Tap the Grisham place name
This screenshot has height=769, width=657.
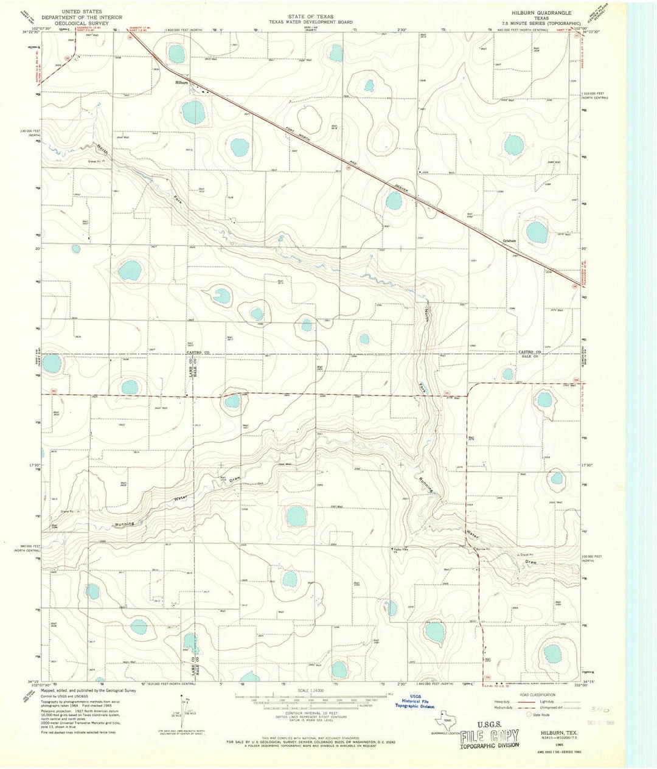point(509,241)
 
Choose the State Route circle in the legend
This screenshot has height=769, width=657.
point(529,715)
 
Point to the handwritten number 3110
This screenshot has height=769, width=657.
point(600,709)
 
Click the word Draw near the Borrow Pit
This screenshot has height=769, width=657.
point(530,563)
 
